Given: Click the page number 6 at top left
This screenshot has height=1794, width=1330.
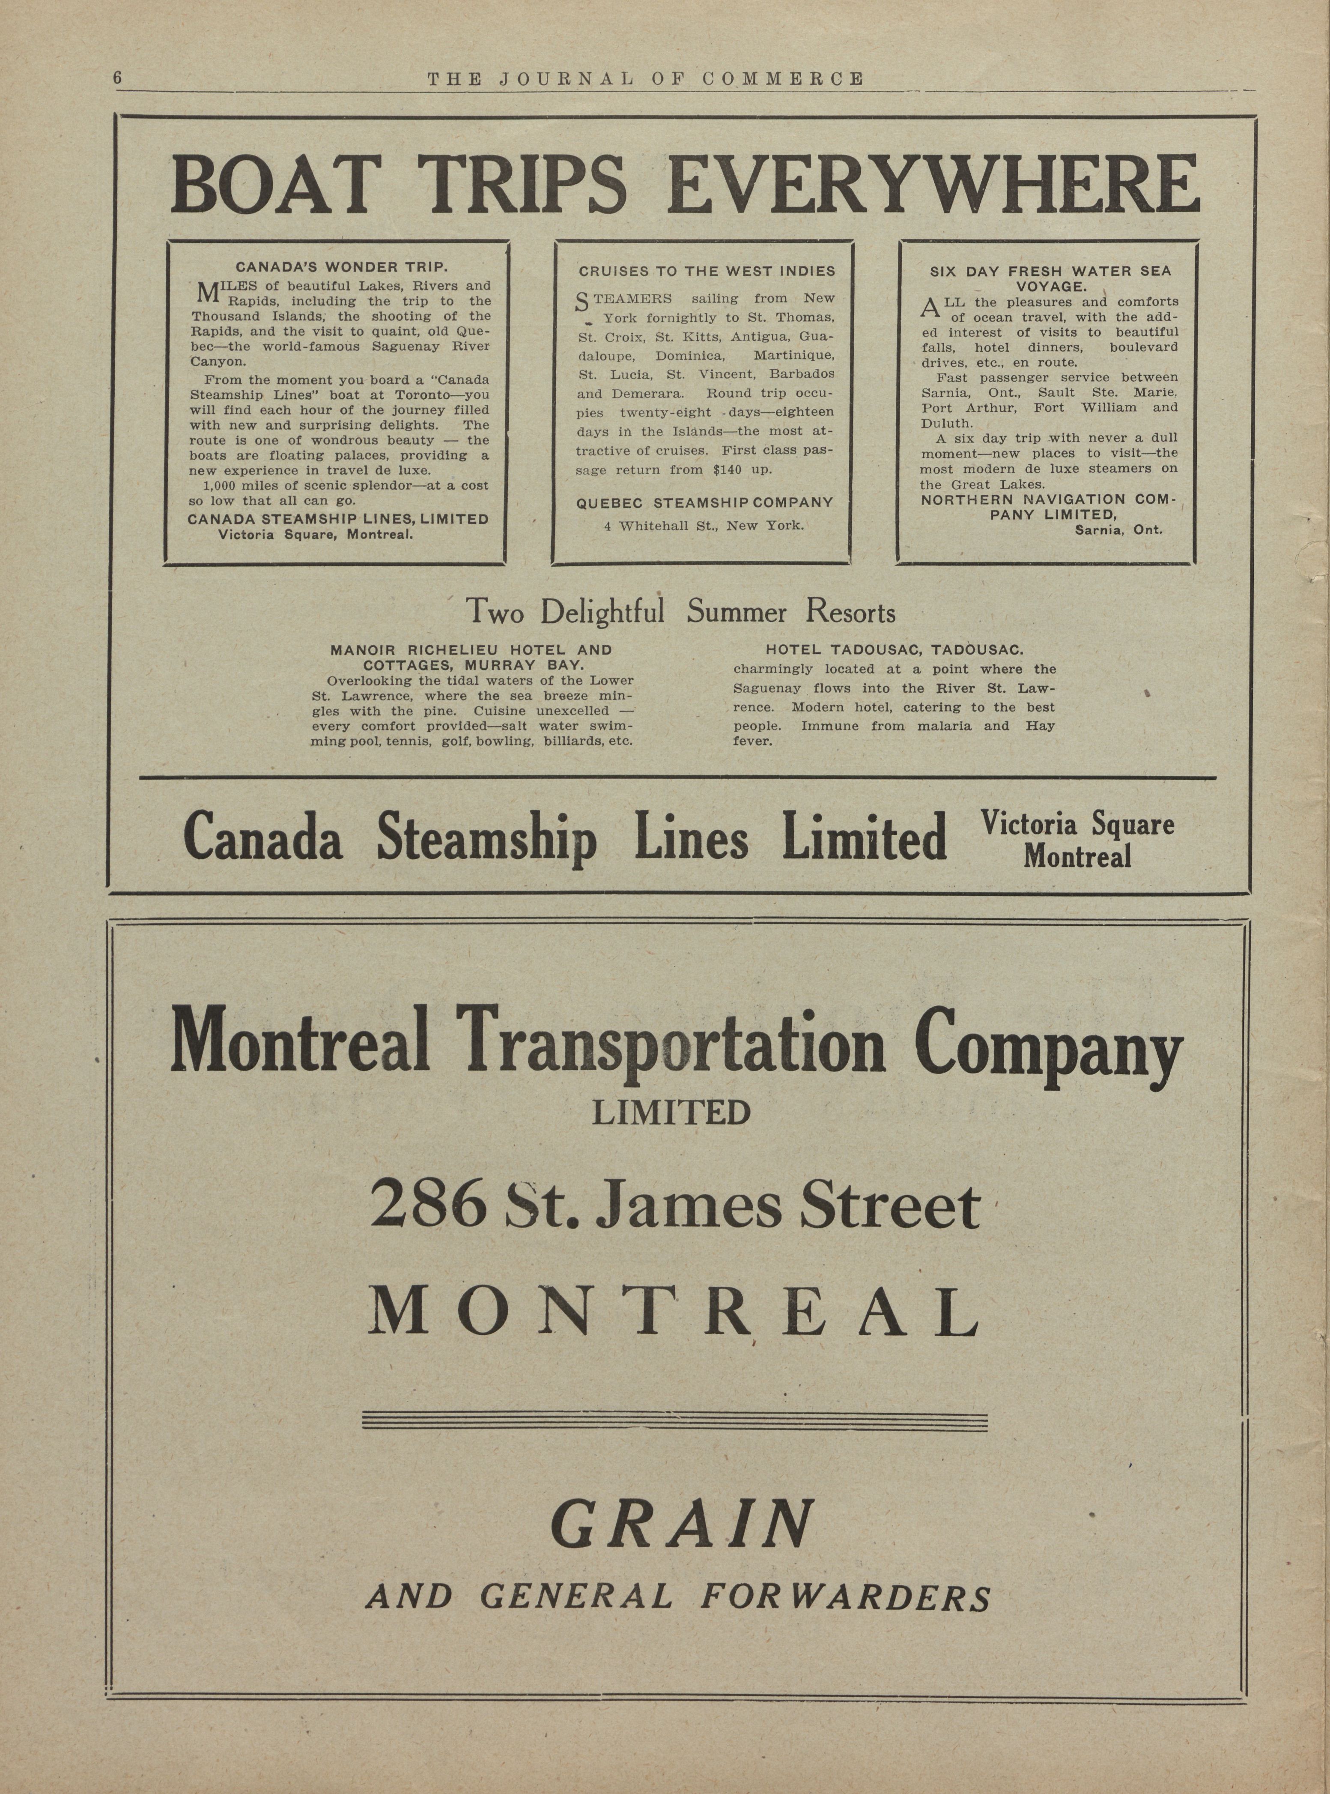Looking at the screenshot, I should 118,78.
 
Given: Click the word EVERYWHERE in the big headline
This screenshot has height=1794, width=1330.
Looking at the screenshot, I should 933,185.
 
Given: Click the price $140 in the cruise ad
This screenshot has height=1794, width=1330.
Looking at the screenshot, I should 727,469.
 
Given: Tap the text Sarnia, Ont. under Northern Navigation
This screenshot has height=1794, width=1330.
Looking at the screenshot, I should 1118,530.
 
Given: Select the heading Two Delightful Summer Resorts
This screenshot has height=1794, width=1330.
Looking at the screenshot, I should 681,613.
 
